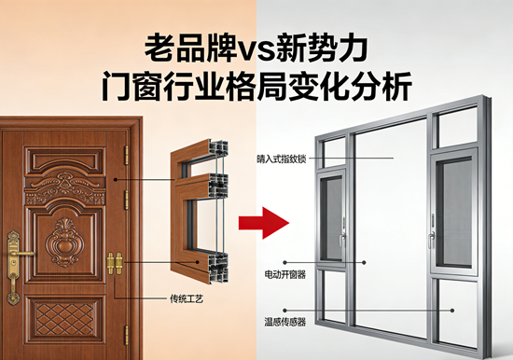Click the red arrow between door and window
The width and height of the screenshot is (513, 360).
[262, 224]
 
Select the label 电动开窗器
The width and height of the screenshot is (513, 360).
[284, 277]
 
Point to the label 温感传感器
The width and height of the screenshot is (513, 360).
[284, 322]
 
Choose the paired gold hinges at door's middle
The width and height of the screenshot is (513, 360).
[116, 264]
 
